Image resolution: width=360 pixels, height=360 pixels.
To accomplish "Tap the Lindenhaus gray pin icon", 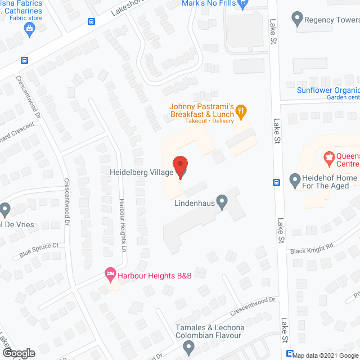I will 223,201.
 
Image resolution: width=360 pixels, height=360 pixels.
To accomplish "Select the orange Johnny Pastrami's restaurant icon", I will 241,110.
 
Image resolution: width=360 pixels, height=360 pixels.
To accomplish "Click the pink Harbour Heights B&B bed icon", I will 110,275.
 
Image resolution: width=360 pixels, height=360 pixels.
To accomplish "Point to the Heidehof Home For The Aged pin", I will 294,181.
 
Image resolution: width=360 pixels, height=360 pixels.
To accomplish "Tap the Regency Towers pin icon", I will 297,20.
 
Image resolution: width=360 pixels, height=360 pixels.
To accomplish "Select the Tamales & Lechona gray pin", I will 187,349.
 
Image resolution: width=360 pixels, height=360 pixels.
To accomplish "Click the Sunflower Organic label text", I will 328,90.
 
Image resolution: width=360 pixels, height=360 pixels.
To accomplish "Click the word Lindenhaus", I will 193,203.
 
